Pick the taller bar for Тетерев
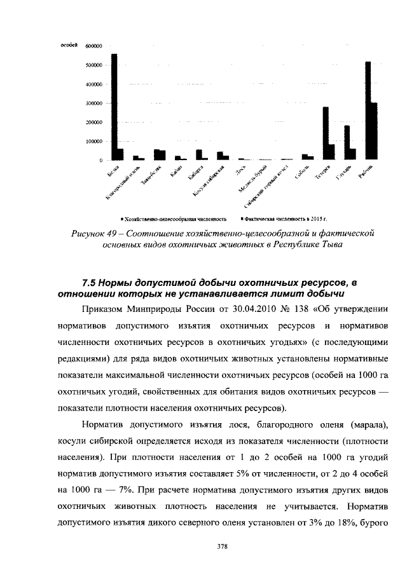[x=326, y=133]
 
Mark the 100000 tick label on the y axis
[x=93, y=141]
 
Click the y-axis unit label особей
[x=69, y=45]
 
